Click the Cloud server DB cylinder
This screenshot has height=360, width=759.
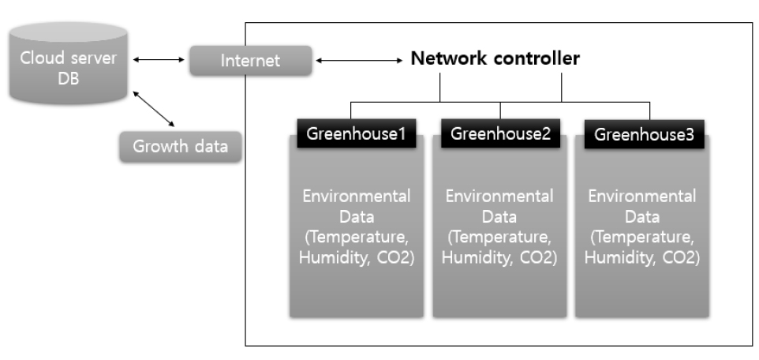coord(69,63)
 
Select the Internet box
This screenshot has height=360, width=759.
coord(250,61)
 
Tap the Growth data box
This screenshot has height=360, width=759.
coord(180,146)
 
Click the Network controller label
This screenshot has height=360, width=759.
coord(495,58)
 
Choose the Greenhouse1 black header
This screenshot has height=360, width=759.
coord(357,133)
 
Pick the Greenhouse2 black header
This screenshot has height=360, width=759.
coord(500,133)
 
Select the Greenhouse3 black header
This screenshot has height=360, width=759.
coord(645,134)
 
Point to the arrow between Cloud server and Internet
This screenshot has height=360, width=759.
coord(159,59)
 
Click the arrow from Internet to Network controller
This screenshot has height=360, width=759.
coord(359,61)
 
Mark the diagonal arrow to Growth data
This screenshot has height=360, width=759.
coord(153,108)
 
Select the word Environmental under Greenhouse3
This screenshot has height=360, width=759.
coord(642,197)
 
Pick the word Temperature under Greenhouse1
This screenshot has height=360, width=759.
coord(359,238)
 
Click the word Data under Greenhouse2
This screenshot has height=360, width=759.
coord(499,216)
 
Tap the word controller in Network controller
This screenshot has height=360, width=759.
coord(537,58)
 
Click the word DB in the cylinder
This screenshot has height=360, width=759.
coord(69,78)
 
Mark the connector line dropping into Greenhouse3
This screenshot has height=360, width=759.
coord(649,111)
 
